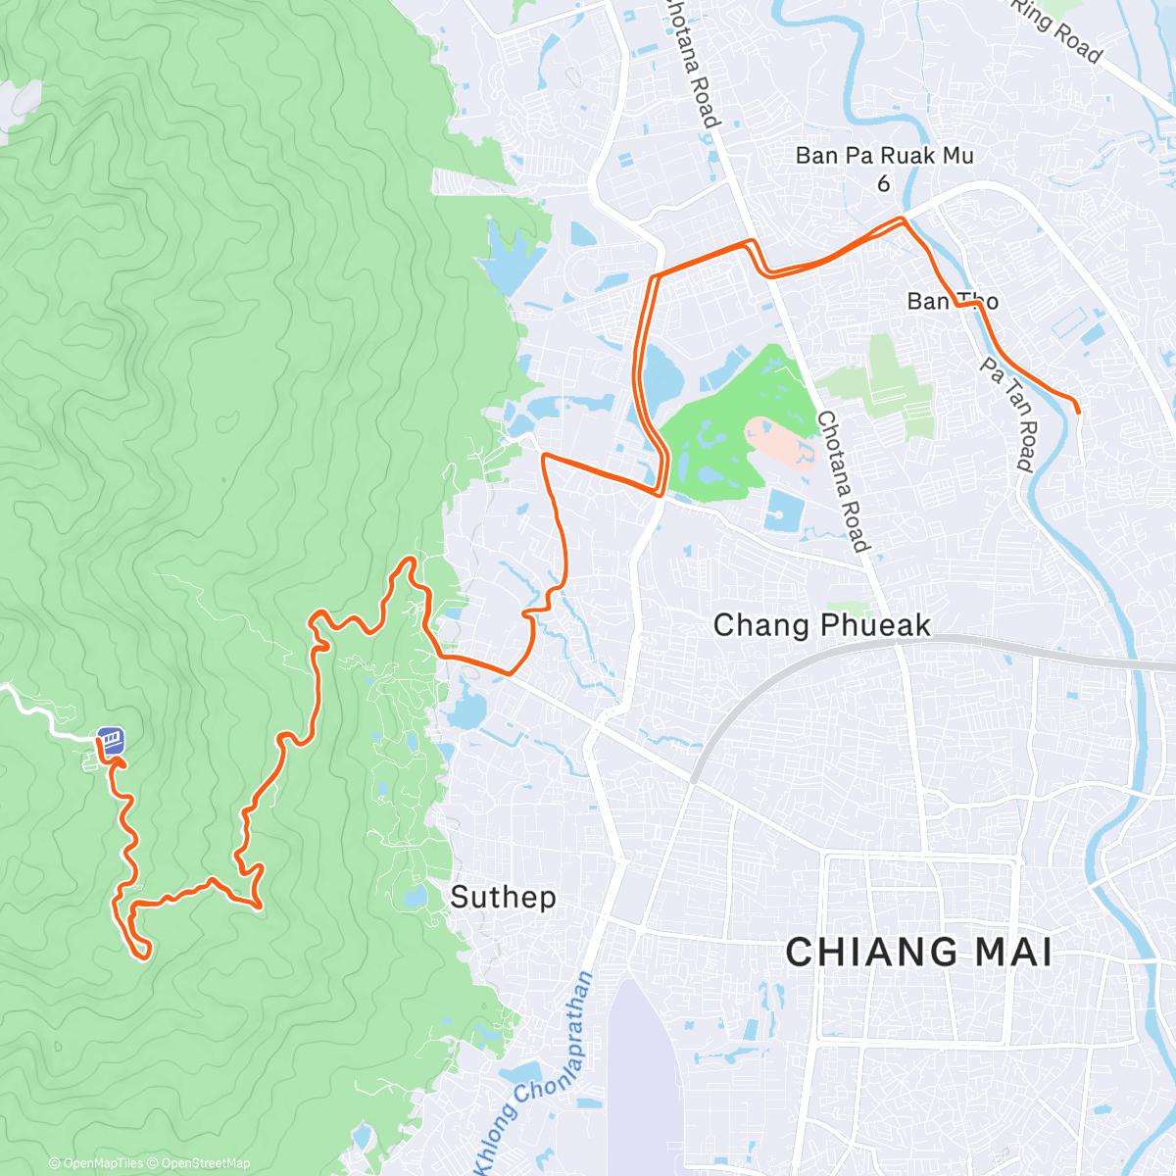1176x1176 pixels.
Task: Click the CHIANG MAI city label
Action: [x=918, y=953]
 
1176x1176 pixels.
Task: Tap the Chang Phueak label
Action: [x=821, y=625]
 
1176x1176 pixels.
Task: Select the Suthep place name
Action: [x=503, y=897]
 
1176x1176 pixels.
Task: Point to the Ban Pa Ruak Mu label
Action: [x=884, y=156]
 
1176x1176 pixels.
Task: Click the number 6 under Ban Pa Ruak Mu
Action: [x=884, y=183]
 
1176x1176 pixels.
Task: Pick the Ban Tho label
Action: [x=952, y=301]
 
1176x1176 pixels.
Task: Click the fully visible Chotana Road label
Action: [x=843, y=480]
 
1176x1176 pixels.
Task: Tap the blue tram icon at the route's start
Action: [x=111, y=740]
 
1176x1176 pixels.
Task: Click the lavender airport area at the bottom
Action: [x=642, y=1088]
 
